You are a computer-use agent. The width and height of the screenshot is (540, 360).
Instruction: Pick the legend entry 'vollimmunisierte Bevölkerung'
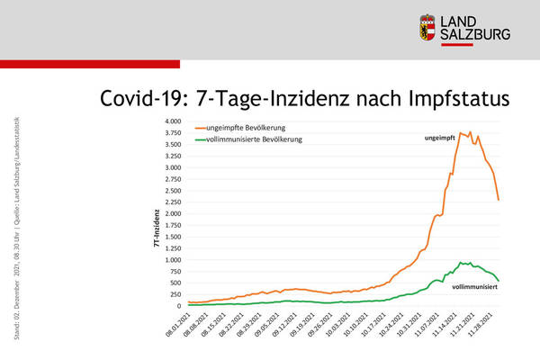(258, 140)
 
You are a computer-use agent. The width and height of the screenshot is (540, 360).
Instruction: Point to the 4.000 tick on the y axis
(171, 121)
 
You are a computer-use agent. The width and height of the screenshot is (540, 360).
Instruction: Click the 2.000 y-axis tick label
(171, 213)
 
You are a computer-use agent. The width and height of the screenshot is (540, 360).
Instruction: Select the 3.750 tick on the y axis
(171, 133)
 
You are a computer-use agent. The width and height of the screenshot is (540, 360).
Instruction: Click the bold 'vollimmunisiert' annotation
(474, 285)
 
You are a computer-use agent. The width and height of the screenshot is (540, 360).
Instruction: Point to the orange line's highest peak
(461, 133)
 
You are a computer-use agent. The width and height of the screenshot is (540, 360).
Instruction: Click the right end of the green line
(499, 280)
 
